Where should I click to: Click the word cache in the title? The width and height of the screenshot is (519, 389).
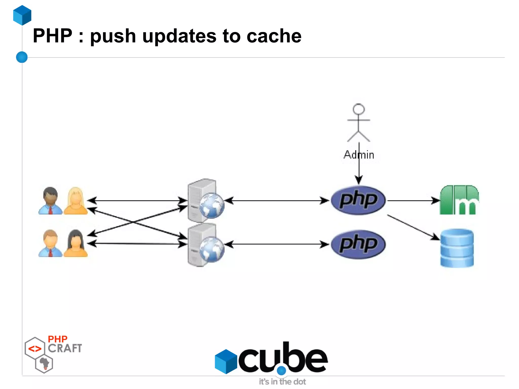(x=274, y=36)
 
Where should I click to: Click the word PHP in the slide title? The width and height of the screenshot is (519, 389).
(x=52, y=36)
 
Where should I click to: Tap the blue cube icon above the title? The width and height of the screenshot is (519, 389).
(x=22, y=15)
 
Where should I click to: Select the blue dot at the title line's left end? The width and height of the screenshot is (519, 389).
(x=22, y=57)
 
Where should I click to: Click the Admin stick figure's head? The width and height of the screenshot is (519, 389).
(x=359, y=109)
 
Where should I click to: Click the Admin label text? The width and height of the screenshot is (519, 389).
(x=359, y=155)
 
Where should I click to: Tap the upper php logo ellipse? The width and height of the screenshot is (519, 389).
(x=358, y=200)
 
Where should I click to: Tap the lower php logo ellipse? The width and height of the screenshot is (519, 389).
(x=358, y=244)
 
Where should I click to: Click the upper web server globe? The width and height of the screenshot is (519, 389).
(x=212, y=206)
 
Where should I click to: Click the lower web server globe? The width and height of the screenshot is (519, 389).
(x=212, y=250)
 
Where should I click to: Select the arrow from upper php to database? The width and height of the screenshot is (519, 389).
(x=413, y=227)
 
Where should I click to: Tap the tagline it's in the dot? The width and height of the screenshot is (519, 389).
(x=282, y=382)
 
